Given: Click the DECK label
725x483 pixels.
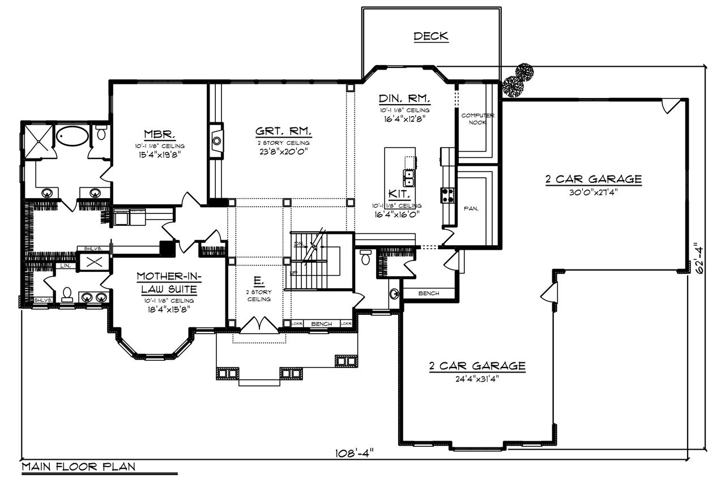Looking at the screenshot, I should pos(430,37).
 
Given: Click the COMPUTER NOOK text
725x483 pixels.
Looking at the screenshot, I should pos(477,118).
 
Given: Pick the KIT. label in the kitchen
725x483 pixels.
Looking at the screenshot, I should pos(396,193).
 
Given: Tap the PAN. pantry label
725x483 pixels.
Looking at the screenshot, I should pos(471,208).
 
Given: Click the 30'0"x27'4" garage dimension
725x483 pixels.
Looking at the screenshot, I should pos(593,191).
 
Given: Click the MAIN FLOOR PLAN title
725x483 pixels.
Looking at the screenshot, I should pos(79,467).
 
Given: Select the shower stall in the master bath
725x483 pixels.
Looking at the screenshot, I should pos(38,136).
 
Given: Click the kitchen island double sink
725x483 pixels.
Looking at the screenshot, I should pos(408,178).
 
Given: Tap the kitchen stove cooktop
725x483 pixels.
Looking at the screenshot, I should pos(447,195).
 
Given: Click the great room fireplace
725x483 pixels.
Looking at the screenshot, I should pos(216,142).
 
